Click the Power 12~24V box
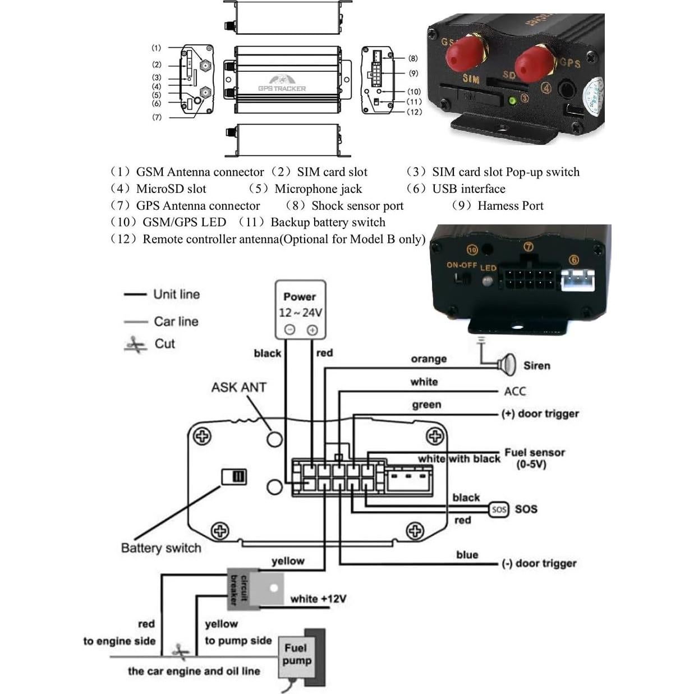click(300, 309)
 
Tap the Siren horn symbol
click(507, 365)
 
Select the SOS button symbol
click(498, 509)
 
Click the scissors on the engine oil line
click(181, 652)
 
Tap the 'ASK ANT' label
click(238, 387)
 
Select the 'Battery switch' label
click(161, 548)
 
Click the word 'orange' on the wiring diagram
click(429, 359)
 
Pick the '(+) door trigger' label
click(540, 414)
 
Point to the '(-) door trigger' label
click(539, 563)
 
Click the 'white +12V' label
click(318, 599)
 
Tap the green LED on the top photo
click(512, 101)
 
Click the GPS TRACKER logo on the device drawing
click(282, 84)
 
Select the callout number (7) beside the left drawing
click(157, 117)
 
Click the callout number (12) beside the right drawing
click(414, 112)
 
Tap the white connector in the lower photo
click(577, 279)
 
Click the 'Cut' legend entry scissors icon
click(135, 344)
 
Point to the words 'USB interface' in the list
click(468, 189)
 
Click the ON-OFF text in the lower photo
click(462, 265)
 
